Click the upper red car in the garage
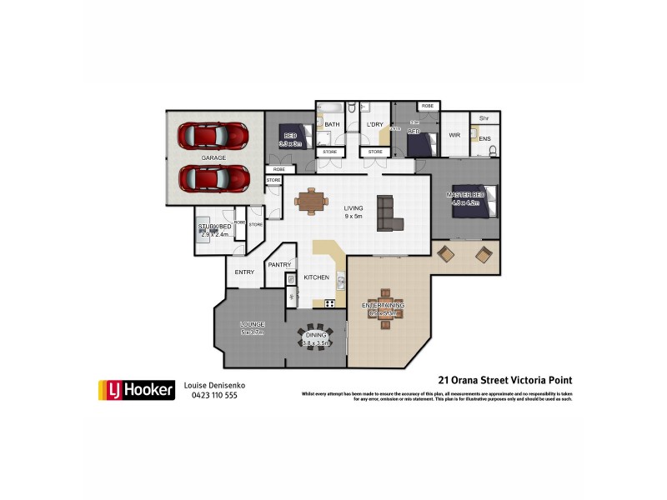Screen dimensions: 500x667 (214, 135)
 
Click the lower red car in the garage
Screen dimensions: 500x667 (214, 177)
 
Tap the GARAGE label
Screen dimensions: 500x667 (213, 157)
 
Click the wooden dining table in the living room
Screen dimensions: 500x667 (311, 200)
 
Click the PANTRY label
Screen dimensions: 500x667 (278, 265)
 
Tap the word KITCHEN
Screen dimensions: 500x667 (317, 277)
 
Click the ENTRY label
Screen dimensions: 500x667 (244, 272)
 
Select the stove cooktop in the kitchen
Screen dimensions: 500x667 (329, 302)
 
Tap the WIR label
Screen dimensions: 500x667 (454, 134)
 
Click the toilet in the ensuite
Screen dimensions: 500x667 (494, 151)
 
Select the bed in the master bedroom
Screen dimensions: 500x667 (474, 202)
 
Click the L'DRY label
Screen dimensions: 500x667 (374, 125)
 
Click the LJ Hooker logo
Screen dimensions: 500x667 (136, 389)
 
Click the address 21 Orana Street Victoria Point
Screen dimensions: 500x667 (505, 381)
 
